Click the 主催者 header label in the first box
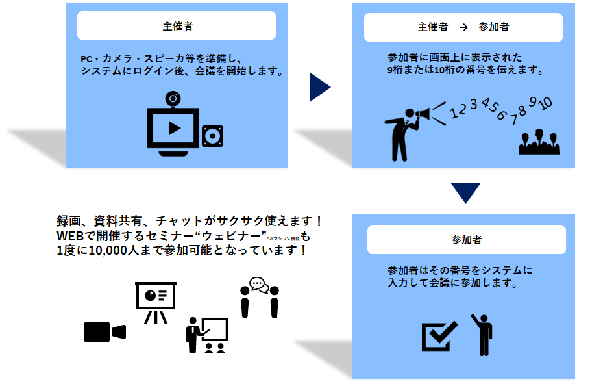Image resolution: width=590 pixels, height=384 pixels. pyautogui.click(x=177, y=27)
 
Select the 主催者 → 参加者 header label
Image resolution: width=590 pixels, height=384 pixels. pyautogui.click(x=463, y=27)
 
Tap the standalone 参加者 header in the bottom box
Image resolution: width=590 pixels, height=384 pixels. pyautogui.click(x=467, y=240)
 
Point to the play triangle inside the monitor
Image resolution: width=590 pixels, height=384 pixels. pyautogui.click(x=173, y=128)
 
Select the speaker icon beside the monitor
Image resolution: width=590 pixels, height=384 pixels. pyautogui.click(x=212, y=136)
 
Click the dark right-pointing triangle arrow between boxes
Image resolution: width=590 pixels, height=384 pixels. pyautogui.click(x=319, y=87)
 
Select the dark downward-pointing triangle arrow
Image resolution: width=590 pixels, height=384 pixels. pyautogui.click(x=465, y=193)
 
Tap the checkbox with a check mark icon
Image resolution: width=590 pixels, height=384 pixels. pyautogui.click(x=439, y=335)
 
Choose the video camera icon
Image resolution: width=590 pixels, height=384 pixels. pyautogui.click(x=104, y=331)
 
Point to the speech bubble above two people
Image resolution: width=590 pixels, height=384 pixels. pyautogui.click(x=258, y=285)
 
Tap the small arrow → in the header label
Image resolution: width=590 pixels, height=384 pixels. pyautogui.click(x=463, y=27)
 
